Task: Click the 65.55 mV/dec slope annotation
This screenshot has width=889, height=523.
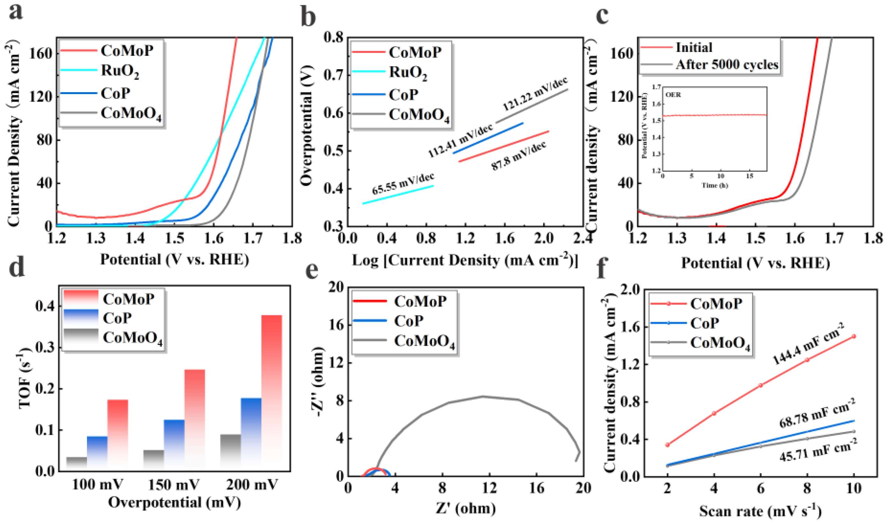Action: pos(403,183)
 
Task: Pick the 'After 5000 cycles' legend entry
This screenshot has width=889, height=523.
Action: pos(727,65)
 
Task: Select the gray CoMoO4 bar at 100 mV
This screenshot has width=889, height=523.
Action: pos(77,463)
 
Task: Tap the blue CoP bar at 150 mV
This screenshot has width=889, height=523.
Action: pos(174,444)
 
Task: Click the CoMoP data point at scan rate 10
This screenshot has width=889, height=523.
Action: pos(854,336)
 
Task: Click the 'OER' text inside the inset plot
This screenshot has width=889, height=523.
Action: pos(673,95)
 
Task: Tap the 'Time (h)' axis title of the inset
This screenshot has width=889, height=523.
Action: pos(715,185)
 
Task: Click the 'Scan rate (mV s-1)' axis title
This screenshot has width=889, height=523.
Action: pos(760,511)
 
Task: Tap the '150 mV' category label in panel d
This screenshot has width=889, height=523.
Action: pos(174,485)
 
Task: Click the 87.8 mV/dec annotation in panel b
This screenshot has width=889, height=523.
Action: pos(519,155)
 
